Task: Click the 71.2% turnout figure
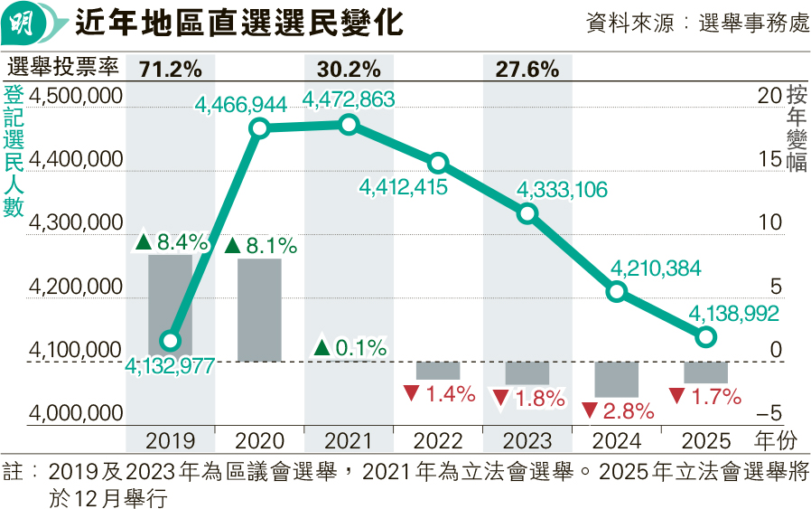tap(171, 69)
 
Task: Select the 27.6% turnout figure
tap(527, 69)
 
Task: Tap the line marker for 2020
tap(259, 127)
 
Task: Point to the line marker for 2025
tap(706, 336)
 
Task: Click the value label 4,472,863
tap(349, 99)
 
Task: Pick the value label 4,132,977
tap(172, 365)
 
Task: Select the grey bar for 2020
tap(259, 310)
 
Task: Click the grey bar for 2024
tap(617, 379)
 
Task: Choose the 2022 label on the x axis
tap(438, 441)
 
